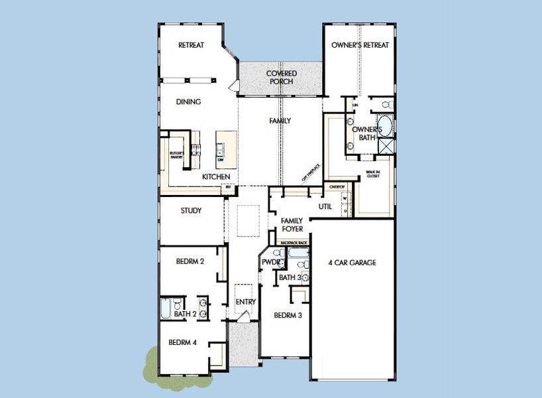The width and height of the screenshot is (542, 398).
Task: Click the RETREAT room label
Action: [x=191, y=45]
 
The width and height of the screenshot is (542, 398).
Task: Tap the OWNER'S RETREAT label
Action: [x=360, y=45]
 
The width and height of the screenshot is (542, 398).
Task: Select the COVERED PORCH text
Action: [x=281, y=77]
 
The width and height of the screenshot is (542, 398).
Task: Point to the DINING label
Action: [x=188, y=102]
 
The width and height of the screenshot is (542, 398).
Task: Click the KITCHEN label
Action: [x=216, y=176]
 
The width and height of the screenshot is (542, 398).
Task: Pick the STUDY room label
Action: [x=191, y=210]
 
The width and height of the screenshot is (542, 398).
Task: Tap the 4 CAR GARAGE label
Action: [x=352, y=263]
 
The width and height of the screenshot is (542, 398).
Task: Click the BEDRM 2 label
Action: [x=190, y=261]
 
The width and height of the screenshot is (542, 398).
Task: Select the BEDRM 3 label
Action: [x=288, y=315]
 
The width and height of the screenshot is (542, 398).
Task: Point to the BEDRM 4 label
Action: [x=182, y=342]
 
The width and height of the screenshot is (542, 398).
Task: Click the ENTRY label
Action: [x=246, y=302]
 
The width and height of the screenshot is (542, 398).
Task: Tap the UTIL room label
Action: [x=325, y=206]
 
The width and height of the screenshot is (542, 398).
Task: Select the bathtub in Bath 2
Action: [x=166, y=309]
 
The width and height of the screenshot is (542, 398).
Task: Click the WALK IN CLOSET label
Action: [x=372, y=174]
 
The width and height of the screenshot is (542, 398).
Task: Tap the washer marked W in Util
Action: [x=345, y=198]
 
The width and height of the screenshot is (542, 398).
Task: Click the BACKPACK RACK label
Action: [x=294, y=243]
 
